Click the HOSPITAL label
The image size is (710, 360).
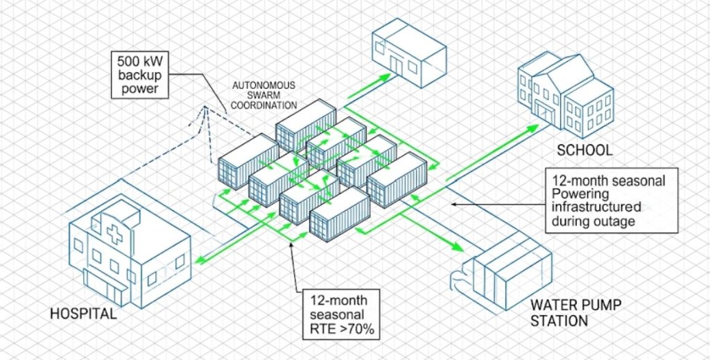click(x=83, y=314)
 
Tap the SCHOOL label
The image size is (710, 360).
click(x=584, y=150)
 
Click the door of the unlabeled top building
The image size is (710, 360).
click(x=396, y=64)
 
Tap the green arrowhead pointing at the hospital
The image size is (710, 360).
click(x=198, y=261)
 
